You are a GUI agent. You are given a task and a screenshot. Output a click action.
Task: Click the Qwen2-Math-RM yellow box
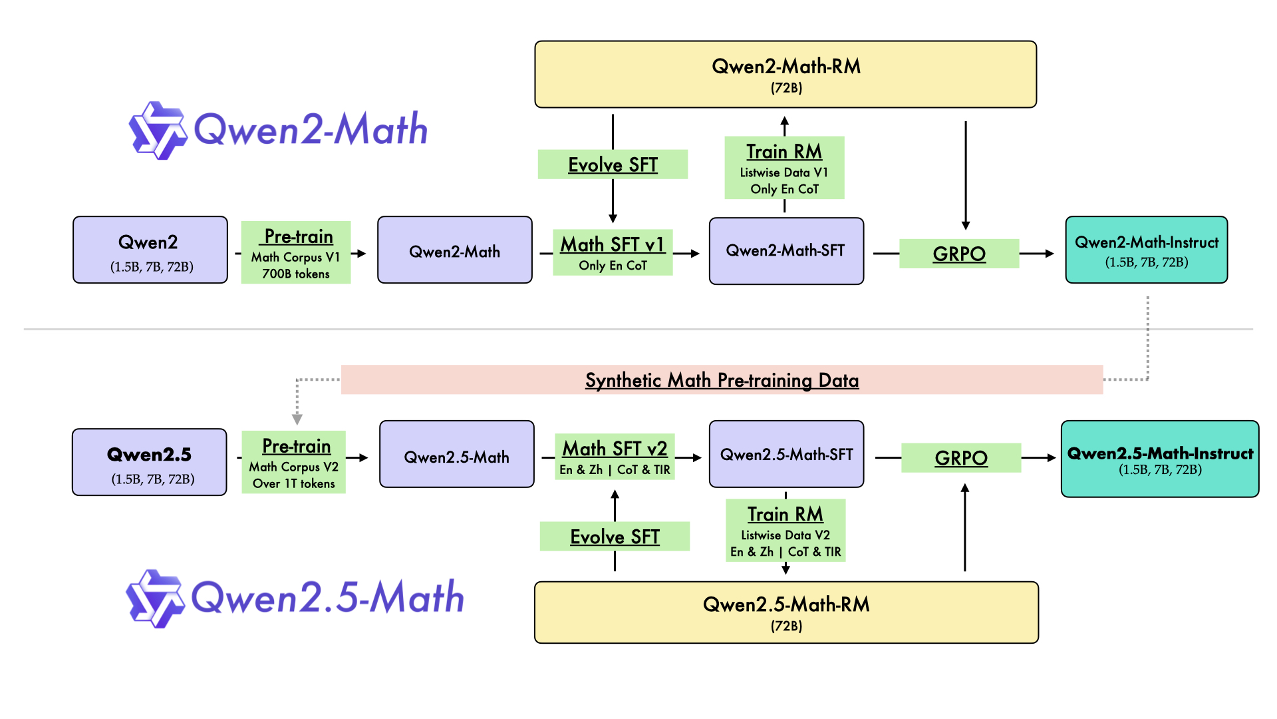[785, 75]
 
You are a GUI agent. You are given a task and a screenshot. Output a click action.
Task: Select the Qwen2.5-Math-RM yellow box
[786, 612]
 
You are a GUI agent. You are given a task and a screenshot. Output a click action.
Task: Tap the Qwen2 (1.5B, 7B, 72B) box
[150, 250]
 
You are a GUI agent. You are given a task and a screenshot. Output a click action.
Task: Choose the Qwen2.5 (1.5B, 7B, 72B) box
[150, 462]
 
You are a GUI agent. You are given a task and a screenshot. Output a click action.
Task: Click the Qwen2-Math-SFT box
[786, 251]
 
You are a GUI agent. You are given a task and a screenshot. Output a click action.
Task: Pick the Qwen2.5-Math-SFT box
[786, 454]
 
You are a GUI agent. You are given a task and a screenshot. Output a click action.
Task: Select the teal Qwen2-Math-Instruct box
[1146, 250]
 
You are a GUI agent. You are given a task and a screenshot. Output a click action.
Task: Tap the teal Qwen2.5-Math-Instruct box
[1159, 459]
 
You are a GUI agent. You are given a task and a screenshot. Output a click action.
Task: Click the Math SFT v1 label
[613, 245]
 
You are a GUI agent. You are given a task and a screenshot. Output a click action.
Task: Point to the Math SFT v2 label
[615, 449]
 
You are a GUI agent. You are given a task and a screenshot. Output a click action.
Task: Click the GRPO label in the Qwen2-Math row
[958, 254]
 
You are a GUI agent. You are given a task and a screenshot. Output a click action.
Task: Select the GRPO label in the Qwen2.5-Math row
[960, 458]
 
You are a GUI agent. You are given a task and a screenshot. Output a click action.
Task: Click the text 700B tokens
[296, 274]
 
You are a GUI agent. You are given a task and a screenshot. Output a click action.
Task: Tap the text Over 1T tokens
[294, 483]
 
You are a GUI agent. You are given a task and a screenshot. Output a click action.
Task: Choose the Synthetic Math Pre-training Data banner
[722, 380]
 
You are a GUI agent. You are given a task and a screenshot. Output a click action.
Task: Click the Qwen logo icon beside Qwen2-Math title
[158, 130]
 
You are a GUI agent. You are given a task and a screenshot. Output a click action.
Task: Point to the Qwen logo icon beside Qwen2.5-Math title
[155, 599]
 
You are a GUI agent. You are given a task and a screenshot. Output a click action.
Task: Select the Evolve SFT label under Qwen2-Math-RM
[613, 164]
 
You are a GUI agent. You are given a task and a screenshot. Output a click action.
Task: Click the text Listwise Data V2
[785, 535]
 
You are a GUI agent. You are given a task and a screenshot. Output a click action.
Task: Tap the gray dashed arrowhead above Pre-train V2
[297, 419]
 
